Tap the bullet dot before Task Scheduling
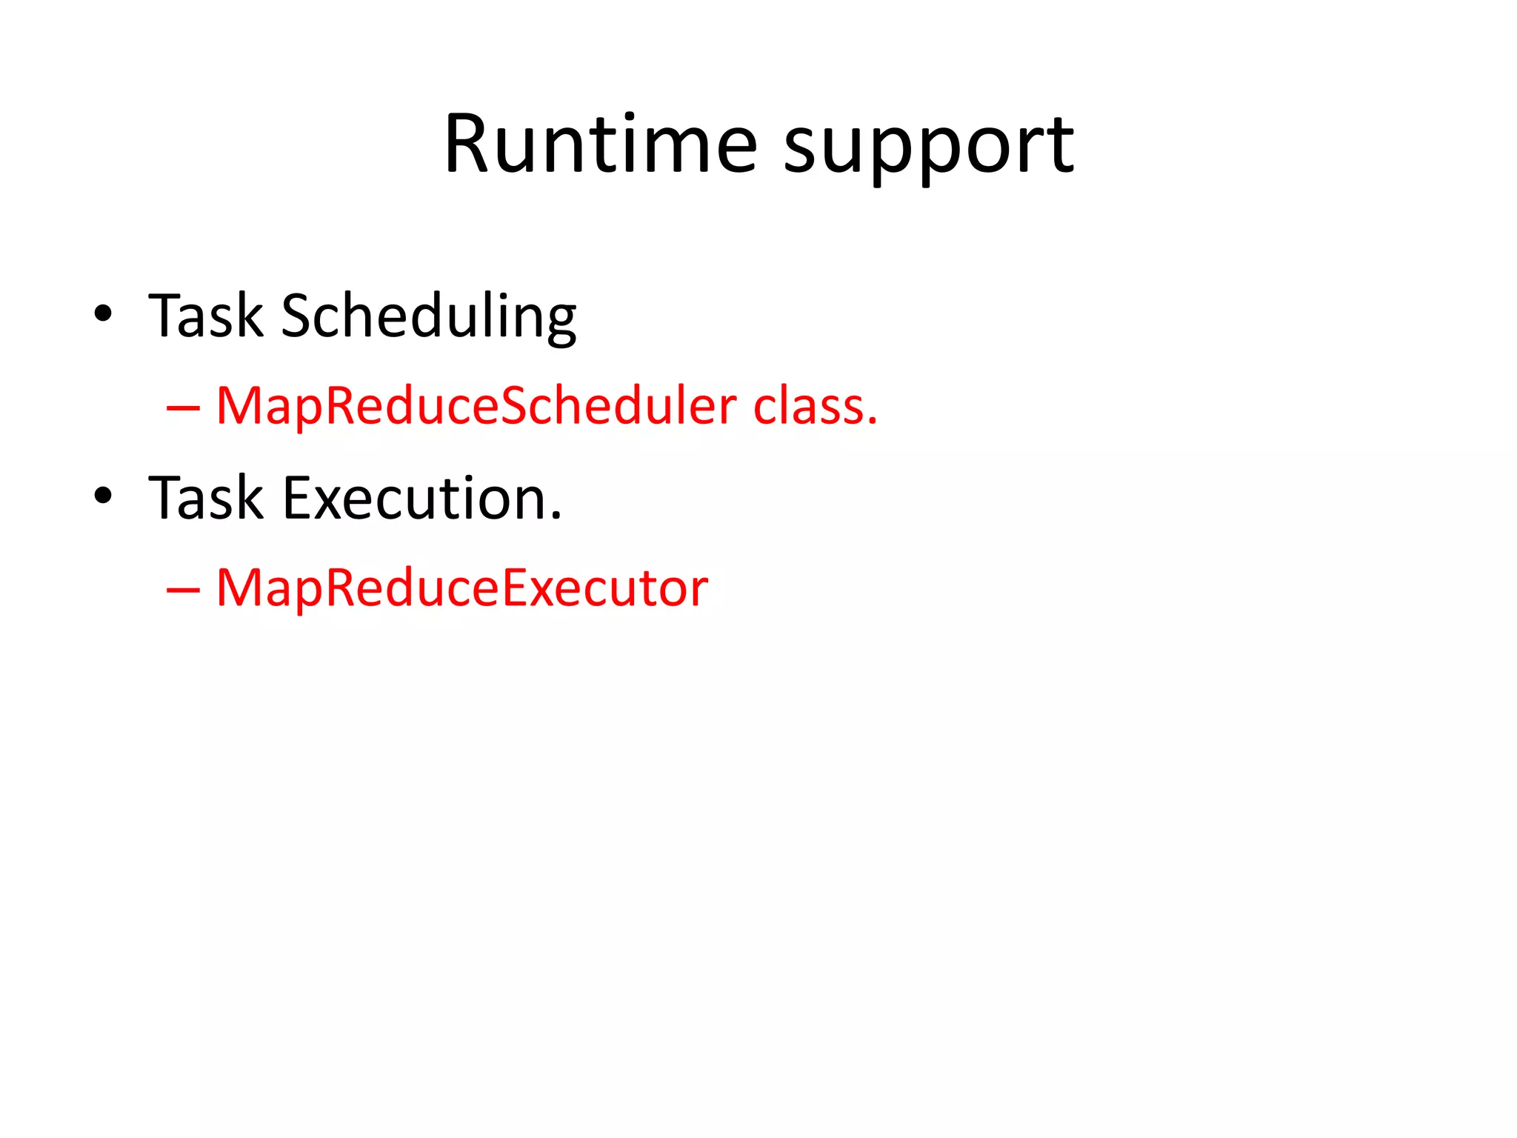tap(103, 313)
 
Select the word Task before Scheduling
tap(205, 316)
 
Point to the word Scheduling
tap(428, 317)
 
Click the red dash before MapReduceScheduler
tap(183, 407)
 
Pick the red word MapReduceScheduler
tap(476, 407)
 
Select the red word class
tap(808, 407)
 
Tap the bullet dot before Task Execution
tap(103, 496)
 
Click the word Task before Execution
tap(205, 498)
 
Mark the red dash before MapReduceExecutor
tap(183, 590)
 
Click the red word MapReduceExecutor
tap(461, 588)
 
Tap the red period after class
tap(873, 422)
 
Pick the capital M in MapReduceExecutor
tap(237, 588)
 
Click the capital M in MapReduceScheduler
tap(237, 407)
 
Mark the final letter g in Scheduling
tap(561, 323)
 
